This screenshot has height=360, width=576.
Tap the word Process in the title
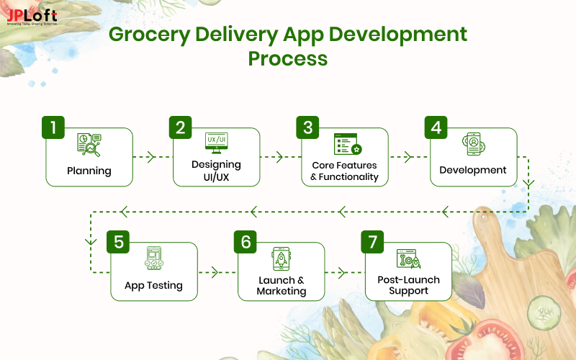click(x=287, y=58)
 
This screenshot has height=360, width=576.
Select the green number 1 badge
click(x=53, y=127)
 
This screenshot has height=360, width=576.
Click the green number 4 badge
click(x=436, y=127)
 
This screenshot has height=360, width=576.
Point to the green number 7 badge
click(x=372, y=242)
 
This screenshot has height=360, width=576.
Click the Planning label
click(x=89, y=171)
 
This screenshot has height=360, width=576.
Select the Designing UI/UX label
click(x=217, y=170)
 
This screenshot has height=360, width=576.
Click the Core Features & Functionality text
click(x=344, y=171)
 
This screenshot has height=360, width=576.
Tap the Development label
click(x=473, y=171)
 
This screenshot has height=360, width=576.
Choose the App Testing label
click(x=153, y=285)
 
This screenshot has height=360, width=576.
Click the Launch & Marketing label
click(x=282, y=285)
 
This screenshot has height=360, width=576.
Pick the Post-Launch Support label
click(x=409, y=285)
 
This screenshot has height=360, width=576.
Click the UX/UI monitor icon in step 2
click(x=217, y=142)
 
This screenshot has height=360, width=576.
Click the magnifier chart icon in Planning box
click(x=89, y=145)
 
